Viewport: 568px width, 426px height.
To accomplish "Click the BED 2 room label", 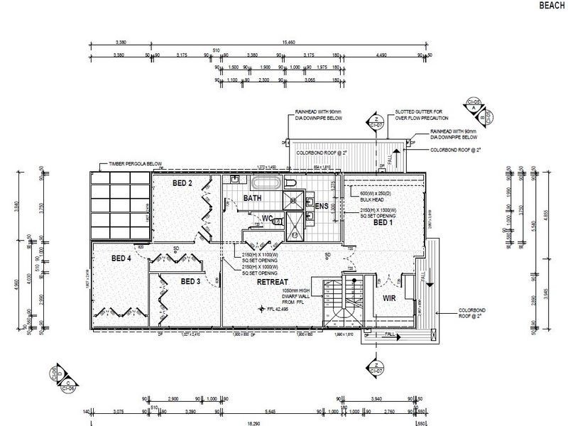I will pos(182,183).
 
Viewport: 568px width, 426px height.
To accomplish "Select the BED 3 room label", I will pos(191,282).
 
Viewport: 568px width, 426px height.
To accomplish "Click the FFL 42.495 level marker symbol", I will pos(261,309).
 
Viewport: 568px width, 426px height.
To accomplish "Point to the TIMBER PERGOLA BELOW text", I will pos(136,164).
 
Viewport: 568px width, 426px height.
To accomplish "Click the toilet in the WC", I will pos(278,221).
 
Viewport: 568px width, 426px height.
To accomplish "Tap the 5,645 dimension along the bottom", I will pos(278,410).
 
